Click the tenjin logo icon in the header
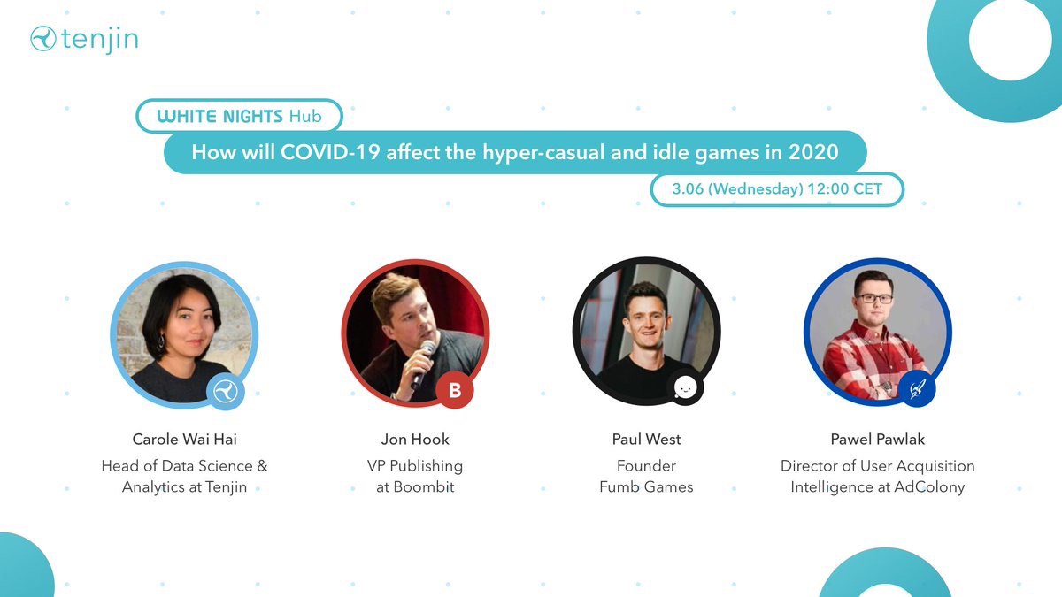(43, 38)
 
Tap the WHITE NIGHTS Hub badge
(240, 116)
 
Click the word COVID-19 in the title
(330, 152)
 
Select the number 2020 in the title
(813, 152)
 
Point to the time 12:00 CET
(845, 188)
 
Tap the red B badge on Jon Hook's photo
(455, 390)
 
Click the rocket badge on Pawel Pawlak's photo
(917, 389)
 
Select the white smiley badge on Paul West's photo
(685, 387)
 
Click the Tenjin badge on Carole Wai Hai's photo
(225, 391)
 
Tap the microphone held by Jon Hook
(423, 364)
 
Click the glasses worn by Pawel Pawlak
(874, 299)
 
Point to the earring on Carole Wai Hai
(161, 341)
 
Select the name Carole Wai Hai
(184, 440)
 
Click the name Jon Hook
(415, 440)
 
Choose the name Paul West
(646, 440)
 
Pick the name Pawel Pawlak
(878, 440)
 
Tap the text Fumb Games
(646, 487)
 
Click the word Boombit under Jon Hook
(424, 487)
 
